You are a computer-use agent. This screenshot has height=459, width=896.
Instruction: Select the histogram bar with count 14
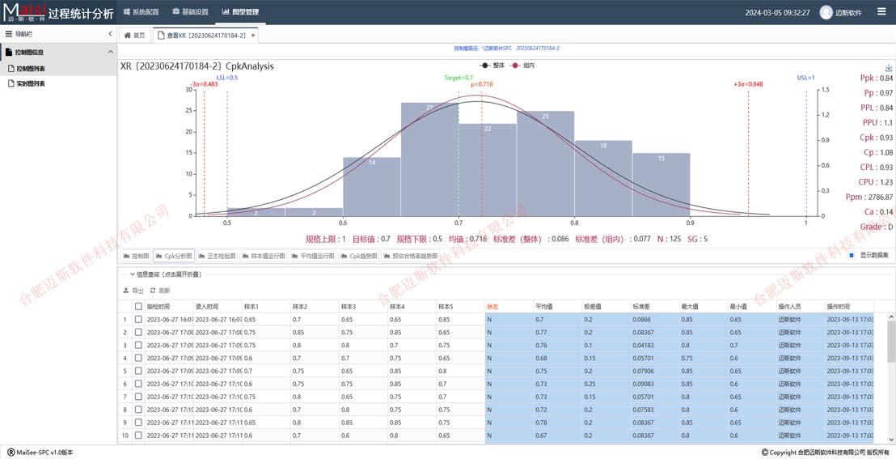(371, 186)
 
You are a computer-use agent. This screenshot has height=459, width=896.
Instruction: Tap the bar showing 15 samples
(661, 185)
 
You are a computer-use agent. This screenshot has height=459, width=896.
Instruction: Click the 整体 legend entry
(493, 65)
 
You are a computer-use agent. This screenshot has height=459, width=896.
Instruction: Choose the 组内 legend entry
(523, 65)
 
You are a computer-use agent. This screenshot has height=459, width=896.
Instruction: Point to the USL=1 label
(805, 78)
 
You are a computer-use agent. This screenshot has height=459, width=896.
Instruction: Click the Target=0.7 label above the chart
(459, 78)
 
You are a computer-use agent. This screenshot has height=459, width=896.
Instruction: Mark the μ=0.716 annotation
(481, 84)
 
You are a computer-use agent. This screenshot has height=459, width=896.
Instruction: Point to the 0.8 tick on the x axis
(574, 223)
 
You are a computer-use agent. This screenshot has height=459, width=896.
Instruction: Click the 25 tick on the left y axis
(189, 110)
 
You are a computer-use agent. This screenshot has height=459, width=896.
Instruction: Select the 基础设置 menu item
(191, 12)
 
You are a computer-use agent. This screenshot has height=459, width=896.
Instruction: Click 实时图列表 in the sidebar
(31, 83)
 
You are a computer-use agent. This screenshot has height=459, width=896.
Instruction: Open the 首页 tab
(135, 36)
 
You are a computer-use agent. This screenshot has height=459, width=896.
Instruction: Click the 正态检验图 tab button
(217, 256)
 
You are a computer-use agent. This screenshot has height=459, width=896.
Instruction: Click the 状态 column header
(493, 307)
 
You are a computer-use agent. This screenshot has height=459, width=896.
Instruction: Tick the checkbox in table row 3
(138, 345)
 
